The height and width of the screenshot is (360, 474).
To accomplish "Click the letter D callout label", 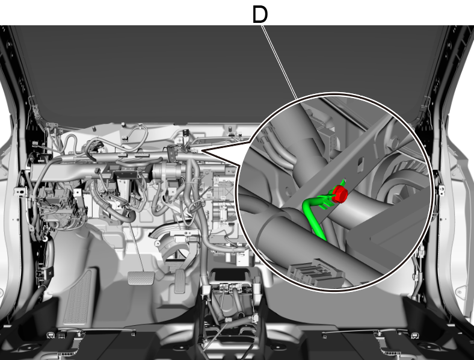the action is [260, 15].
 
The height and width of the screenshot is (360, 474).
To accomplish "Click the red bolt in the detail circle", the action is [340, 194].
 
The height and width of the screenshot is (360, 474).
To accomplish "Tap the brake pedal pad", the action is [141, 278].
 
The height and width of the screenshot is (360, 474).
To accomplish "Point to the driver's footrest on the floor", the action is [78, 298].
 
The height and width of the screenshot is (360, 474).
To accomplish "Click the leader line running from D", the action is [279, 62].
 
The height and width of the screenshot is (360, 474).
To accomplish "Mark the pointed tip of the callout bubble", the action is [202, 151].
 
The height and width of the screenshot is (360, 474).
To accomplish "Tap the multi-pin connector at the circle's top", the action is [329, 140].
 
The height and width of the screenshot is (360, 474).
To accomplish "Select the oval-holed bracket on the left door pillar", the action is [22, 191].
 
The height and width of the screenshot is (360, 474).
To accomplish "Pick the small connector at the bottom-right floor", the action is [414, 335].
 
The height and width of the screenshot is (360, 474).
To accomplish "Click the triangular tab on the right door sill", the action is [460, 292].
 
